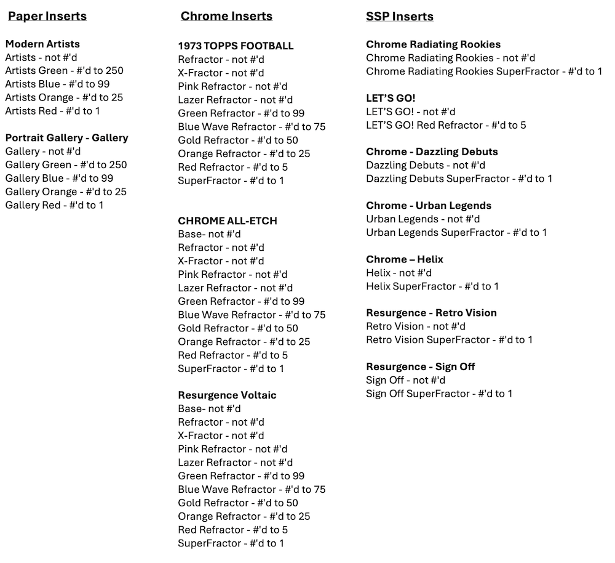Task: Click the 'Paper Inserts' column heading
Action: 47,16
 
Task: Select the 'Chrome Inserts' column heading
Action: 226,16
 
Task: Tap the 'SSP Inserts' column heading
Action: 399,16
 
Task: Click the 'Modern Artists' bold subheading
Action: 42,44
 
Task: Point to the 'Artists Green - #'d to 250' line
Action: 64,71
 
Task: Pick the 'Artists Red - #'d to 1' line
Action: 52,111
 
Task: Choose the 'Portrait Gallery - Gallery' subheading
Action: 66,138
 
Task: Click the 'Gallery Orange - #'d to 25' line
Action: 66,192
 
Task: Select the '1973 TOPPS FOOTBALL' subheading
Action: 236,46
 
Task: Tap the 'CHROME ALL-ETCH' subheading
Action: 227,221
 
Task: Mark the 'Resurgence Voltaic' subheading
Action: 227,395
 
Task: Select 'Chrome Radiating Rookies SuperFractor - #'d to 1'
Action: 484,71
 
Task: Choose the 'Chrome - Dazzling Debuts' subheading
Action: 432,152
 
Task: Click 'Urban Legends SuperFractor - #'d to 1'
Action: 456,232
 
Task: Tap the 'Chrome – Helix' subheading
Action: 404,259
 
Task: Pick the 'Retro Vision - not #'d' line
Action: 415,326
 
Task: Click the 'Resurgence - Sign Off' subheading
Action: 420,367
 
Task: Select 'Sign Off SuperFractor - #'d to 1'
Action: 438,394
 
